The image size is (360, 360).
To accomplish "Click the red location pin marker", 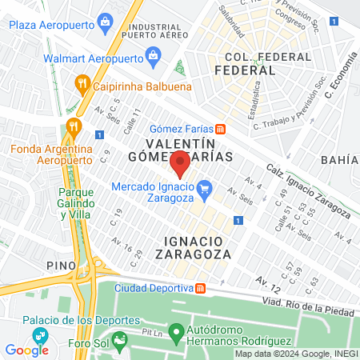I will click(181, 163).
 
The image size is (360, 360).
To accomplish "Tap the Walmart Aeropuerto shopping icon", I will click(154, 56).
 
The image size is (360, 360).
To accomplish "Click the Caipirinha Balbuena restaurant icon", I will click(81, 82).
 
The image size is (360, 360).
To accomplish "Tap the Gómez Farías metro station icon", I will click(220, 129).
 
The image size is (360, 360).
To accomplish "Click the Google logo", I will click(27, 350).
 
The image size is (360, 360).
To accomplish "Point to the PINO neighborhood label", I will click(61, 265).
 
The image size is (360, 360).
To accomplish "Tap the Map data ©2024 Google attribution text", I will click(294, 353).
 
